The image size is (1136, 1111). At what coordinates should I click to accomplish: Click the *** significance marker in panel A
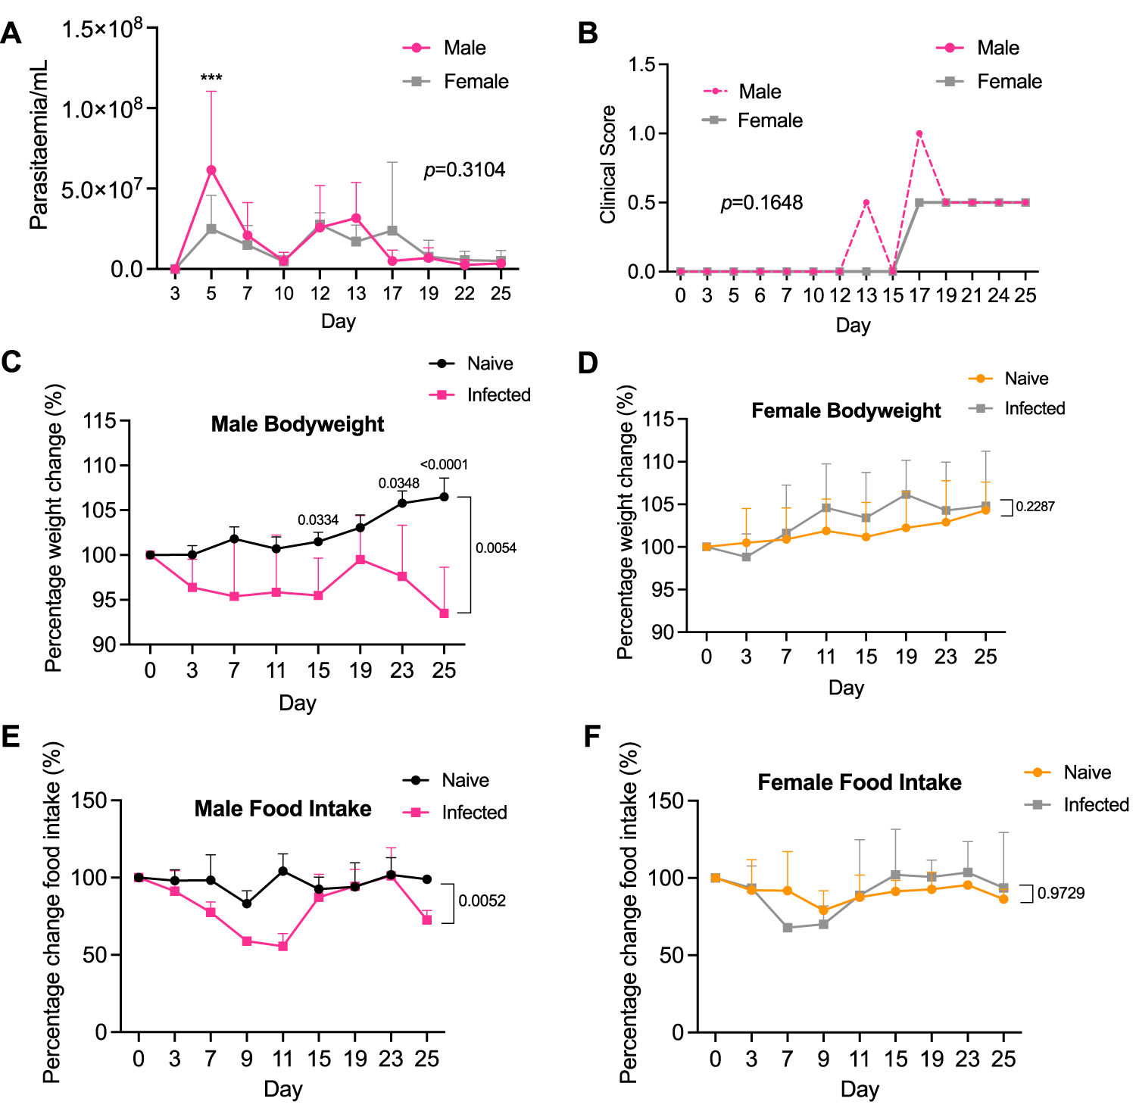coord(211,79)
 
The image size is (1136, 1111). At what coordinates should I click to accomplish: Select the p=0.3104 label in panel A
coord(464,170)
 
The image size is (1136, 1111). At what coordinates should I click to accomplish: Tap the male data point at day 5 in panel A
coord(211,170)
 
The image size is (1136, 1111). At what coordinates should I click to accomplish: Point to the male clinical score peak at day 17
coord(919,134)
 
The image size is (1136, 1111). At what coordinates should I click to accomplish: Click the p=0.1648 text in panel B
coord(761,203)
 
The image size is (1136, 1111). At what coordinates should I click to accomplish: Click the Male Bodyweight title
coord(297,424)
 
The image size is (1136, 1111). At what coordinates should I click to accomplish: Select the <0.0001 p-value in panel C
coord(444,465)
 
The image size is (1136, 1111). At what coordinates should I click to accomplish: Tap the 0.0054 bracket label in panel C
coord(496,548)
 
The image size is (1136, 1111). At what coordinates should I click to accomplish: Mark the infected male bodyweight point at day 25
coord(445,613)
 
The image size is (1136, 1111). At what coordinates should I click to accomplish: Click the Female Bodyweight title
coord(845,410)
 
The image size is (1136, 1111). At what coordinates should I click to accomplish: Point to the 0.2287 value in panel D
coord(1035,507)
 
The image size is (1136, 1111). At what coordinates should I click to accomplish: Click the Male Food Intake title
coord(282,809)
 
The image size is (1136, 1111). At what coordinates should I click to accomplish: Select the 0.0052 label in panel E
coord(482,901)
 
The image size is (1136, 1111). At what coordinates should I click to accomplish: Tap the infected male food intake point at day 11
coord(283,946)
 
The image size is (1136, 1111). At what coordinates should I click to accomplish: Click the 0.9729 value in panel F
coord(1060,894)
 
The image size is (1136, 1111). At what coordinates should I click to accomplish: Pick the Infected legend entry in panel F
coord(1095,805)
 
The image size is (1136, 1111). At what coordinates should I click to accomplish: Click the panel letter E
coord(11,736)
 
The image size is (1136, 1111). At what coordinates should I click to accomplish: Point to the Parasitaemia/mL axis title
coord(39,145)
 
